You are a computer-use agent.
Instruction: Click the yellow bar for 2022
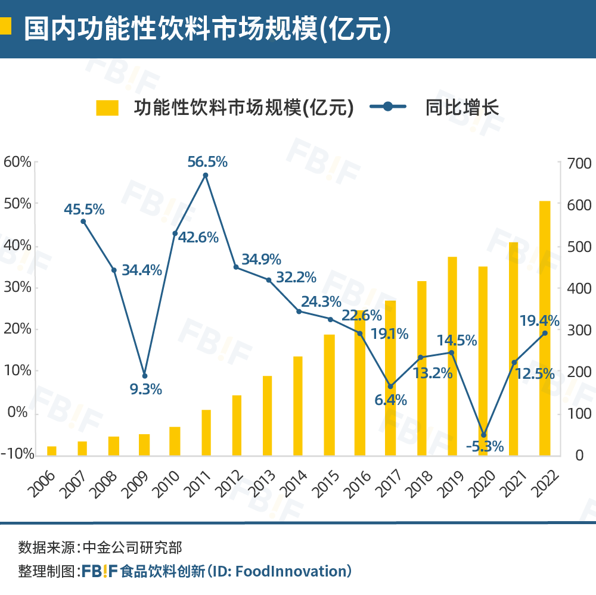pyautogui.click(x=545, y=328)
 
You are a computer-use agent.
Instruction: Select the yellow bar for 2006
pyautogui.click(x=52, y=450)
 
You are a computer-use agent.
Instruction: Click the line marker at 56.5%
pyautogui.click(x=206, y=176)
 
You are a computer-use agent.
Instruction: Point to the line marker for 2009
pyautogui.click(x=144, y=376)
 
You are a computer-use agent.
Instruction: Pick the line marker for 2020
pyautogui.click(x=483, y=435)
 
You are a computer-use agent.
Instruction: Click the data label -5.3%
pyautogui.click(x=484, y=447)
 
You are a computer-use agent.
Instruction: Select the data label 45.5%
pyautogui.click(x=84, y=210)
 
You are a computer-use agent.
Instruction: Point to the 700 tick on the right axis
pyautogui.click(x=578, y=163)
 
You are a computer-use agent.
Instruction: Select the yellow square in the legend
pyautogui.click(x=107, y=107)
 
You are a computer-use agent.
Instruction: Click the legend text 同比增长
pyautogui.click(x=462, y=107)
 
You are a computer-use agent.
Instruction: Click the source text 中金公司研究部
pyautogui.click(x=132, y=547)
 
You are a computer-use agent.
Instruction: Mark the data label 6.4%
pyautogui.click(x=390, y=400)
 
